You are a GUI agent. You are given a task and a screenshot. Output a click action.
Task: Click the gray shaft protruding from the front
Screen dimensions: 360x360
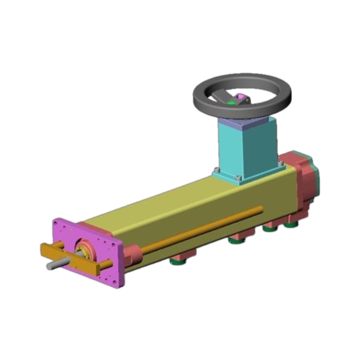54,265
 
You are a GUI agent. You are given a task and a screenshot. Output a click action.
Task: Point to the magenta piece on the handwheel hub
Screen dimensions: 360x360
242,95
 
